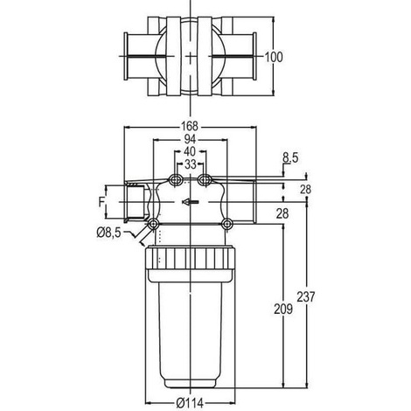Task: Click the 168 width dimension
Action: (x=190, y=127)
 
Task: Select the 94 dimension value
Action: (x=190, y=139)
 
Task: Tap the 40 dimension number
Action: (x=190, y=151)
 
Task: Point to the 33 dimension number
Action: (x=191, y=164)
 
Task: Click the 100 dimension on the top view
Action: (x=274, y=57)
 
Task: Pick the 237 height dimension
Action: (x=306, y=297)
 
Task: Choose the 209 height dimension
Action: (x=283, y=309)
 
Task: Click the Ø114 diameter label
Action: (x=190, y=403)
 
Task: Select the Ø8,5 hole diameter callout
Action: (x=108, y=233)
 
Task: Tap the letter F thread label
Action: (x=101, y=202)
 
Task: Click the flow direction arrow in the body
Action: (x=191, y=202)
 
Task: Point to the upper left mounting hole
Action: (x=176, y=180)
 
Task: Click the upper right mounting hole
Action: (x=205, y=180)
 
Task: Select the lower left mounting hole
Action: (x=153, y=224)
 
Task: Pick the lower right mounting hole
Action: (x=226, y=224)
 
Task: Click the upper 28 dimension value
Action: (x=306, y=190)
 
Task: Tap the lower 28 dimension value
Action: (x=282, y=214)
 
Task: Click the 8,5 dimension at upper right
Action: (x=290, y=158)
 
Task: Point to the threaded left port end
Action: (x=135, y=202)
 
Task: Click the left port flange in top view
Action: (x=127, y=56)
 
